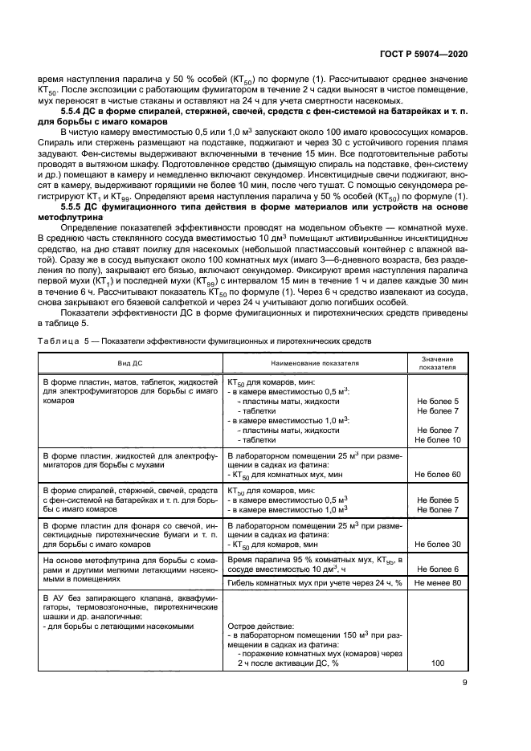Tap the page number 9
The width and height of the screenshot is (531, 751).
point(464,684)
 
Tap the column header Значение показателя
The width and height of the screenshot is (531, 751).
point(438,364)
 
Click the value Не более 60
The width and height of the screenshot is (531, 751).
point(438,475)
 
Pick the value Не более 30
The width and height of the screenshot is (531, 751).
point(438,545)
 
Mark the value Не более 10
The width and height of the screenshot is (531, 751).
point(438,440)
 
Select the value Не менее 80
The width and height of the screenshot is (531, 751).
point(438,582)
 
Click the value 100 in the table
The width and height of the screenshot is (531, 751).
point(438,664)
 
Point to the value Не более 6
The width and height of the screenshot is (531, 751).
point(438,569)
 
